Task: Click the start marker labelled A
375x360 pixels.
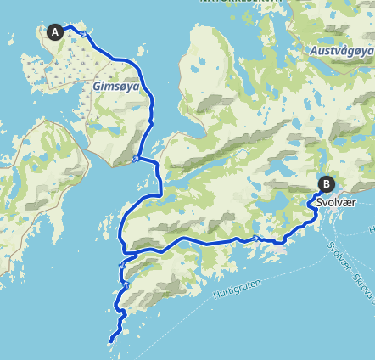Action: click(x=56, y=32)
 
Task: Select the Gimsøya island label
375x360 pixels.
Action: click(x=114, y=87)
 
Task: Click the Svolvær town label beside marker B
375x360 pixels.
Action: click(x=334, y=204)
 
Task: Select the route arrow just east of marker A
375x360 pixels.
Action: click(x=84, y=34)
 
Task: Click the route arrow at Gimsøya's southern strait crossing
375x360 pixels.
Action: click(x=137, y=157)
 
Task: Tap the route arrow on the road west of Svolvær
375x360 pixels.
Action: click(x=255, y=240)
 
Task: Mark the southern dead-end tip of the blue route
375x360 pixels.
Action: click(x=111, y=341)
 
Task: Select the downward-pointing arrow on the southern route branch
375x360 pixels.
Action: click(x=122, y=265)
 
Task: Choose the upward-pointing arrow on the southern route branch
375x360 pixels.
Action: click(x=126, y=286)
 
